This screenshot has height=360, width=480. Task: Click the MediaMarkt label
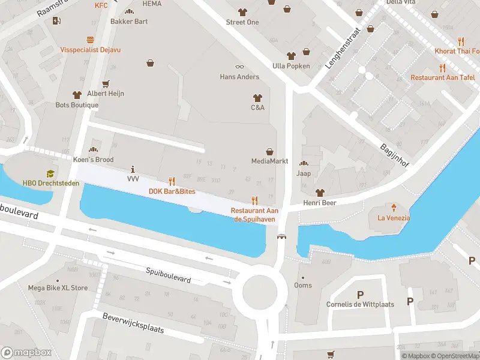pos(269,161)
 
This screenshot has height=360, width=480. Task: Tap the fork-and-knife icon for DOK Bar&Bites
pos(172,181)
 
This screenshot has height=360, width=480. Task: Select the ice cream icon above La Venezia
pos(394,208)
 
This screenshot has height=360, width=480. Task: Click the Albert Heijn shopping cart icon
pos(106,84)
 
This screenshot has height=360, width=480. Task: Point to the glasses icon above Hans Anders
pos(239,67)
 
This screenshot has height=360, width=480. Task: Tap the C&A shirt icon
pos(257,97)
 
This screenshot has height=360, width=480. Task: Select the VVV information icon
pos(133,169)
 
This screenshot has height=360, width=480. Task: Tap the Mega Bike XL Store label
pos(58,288)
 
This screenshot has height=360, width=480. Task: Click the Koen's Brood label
pos(93,160)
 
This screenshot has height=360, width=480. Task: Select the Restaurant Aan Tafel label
pos(443,77)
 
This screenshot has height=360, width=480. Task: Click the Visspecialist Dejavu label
pos(90,50)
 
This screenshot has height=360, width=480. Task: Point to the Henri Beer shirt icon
pos(319,193)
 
